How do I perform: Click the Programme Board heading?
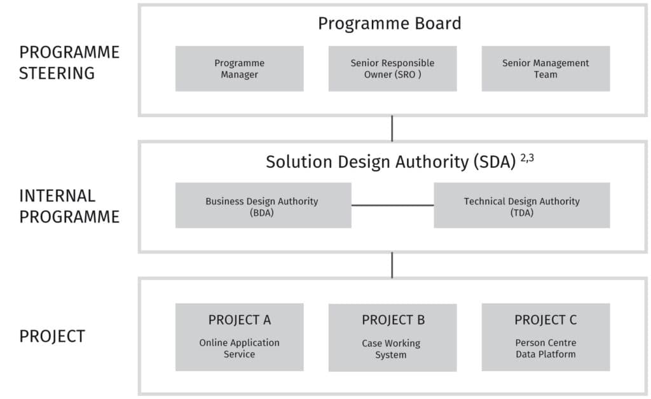[389, 24]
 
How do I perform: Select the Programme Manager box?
[239, 69]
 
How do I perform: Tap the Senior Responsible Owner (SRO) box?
[392, 69]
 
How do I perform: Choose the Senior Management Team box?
[545, 69]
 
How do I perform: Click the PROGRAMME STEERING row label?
[69, 62]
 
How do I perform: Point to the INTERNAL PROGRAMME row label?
[69, 206]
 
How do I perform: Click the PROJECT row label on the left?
[52, 336]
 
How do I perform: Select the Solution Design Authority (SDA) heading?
[390, 162]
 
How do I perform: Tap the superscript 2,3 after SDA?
[527, 158]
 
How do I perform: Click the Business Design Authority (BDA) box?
[263, 206]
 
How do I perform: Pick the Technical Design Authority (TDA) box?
[521, 206]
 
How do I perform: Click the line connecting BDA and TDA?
[392, 206]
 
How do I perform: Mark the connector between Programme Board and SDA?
[392, 129]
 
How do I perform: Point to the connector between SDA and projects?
[392, 265]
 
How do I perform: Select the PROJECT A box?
[239, 336]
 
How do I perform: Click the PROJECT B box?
[392, 337]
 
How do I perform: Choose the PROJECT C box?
[545, 336]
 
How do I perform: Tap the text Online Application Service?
[239, 348]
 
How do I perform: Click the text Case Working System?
[391, 349]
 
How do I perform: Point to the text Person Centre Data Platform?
[545, 348]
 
